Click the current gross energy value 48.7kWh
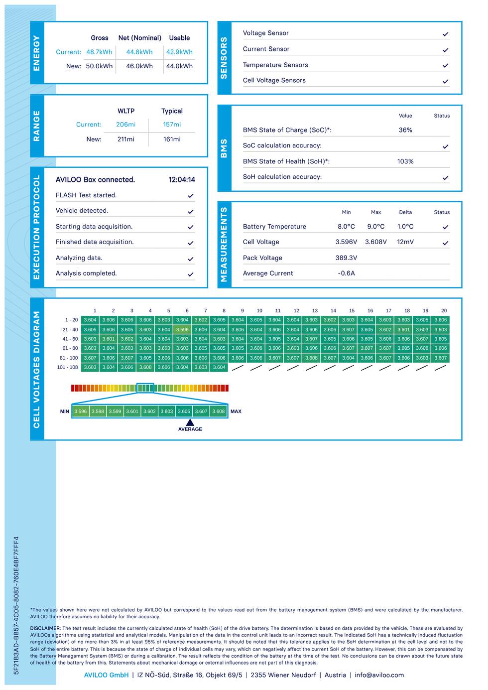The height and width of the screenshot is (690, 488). click(x=99, y=52)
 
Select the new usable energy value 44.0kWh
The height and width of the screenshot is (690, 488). click(x=179, y=66)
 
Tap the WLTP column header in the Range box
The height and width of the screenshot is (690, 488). click(x=126, y=111)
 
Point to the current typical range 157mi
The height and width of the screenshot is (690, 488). click(x=172, y=125)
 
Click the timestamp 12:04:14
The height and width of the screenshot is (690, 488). click(x=182, y=180)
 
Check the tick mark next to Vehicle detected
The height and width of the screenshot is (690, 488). click(x=190, y=211)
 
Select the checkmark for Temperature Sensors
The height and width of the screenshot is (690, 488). click(x=445, y=65)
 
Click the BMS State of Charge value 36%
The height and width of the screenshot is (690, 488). click(x=405, y=130)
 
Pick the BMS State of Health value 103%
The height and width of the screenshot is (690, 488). click(x=405, y=161)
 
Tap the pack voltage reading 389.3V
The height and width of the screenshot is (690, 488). click(x=346, y=258)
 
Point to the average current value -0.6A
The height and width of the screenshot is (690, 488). click(x=346, y=273)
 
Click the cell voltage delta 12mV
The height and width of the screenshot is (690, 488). click(x=405, y=242)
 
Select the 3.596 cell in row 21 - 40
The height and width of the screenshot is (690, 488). click(x=182, y=329)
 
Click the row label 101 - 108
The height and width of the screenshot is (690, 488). click(x=67, y=367)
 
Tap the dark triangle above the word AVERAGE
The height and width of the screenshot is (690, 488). click(x=190, y=422)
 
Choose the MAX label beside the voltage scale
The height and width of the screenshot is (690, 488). click(x=236, y=412)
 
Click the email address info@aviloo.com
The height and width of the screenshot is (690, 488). click(x=379, y=675)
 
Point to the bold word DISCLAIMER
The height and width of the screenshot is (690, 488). click(x=45, y=628)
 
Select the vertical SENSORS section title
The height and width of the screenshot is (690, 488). click(x=224, y=58)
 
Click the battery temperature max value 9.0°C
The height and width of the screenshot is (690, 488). click(x=376, y=227)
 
